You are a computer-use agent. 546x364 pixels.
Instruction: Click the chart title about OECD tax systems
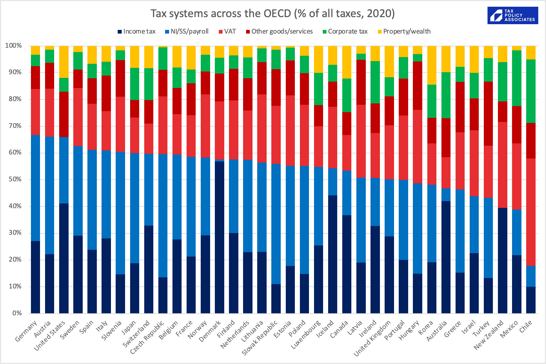pyautogui.click(x=272, y=13)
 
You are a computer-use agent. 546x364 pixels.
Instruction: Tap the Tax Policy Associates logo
pyautogui.click(x=512, y=15)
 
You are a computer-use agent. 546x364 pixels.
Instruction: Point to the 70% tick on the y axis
pyautogui.click(x=13, y=126)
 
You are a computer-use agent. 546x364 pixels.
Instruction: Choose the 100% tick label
pyautogui.click(x=13, y=46)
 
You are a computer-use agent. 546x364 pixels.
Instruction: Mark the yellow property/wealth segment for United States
pyautogui.click(x=64, y=62)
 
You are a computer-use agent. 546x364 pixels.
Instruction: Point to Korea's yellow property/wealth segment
pyautogui.click(x=432, y=65)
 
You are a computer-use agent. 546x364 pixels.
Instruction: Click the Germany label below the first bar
pyautogui.click(x=26, y=331)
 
